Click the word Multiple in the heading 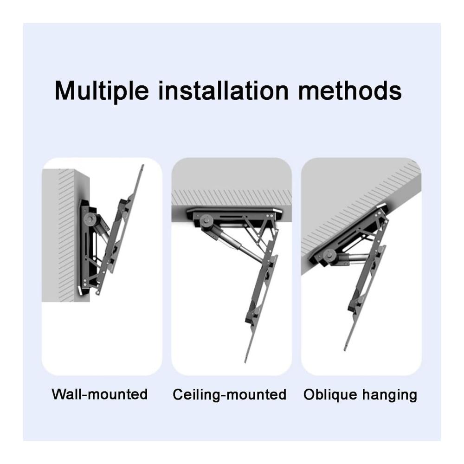[x=102, y=91]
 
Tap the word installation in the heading [x=224, y=90]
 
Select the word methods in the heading [x=350, y=90]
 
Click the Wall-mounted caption [x=100, y=394]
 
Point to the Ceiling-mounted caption [x=230, y=395]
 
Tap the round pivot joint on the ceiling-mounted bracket [x=206, y=222]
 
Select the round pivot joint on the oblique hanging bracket [x=329, y=255]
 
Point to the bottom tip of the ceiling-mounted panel [x=246, y=362]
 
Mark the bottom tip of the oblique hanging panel [x=345, y=350]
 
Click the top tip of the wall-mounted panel [x=142, y=166]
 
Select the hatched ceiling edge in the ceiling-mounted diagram [x=232, y=198]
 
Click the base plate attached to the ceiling [x=234, y=213]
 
